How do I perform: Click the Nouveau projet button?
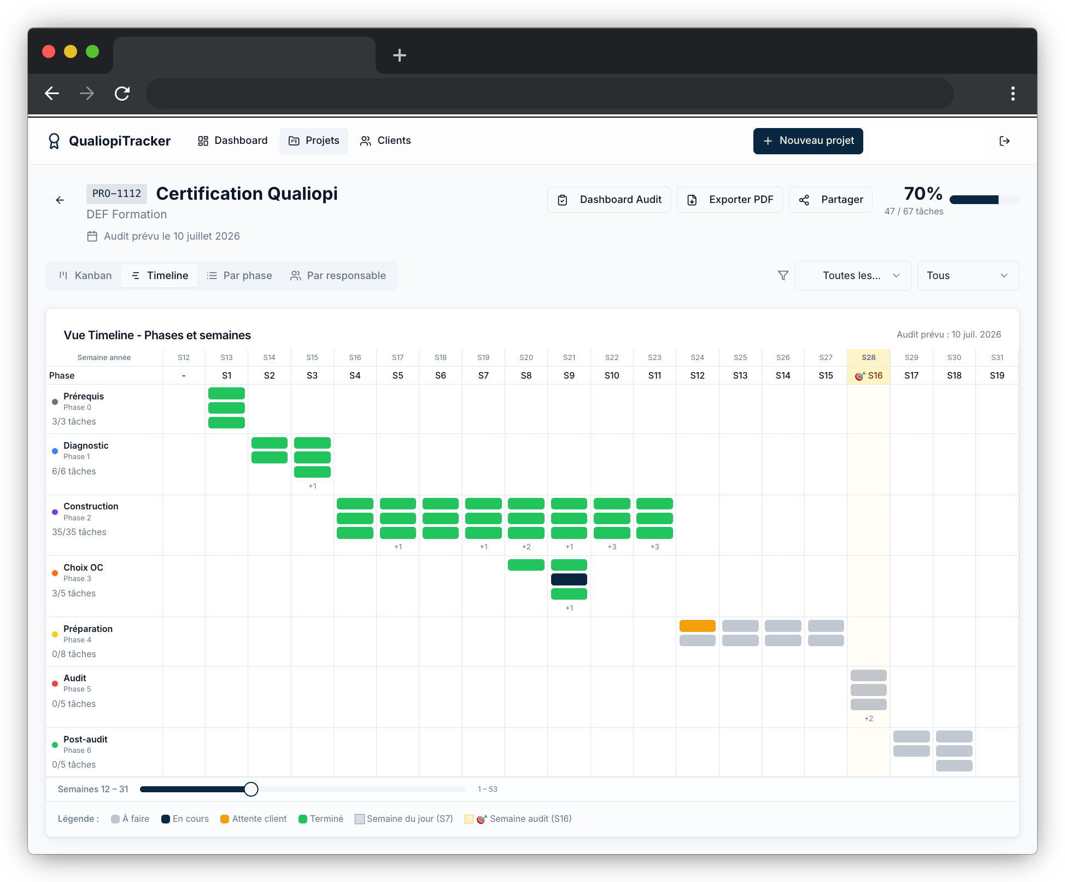pos(807,141)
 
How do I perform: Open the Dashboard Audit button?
pos(608,200)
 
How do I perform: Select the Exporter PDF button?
pos(729,200)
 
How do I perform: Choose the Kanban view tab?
pos(85,276)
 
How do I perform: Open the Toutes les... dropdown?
pos(852,276)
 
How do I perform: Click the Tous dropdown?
pos(967,276)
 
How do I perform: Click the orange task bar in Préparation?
pos(697,626)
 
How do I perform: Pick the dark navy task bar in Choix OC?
pos(569,579)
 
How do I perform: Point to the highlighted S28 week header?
pos(868,357)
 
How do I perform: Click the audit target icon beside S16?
pos(859,376)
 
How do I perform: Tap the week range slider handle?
pos(251,789)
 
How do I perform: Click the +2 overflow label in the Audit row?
pos(868,719)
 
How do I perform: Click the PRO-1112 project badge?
pos(116,194)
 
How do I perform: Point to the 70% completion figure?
pos(923,194)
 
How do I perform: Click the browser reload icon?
pos(122,94)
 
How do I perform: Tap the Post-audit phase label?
pos(85,740)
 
